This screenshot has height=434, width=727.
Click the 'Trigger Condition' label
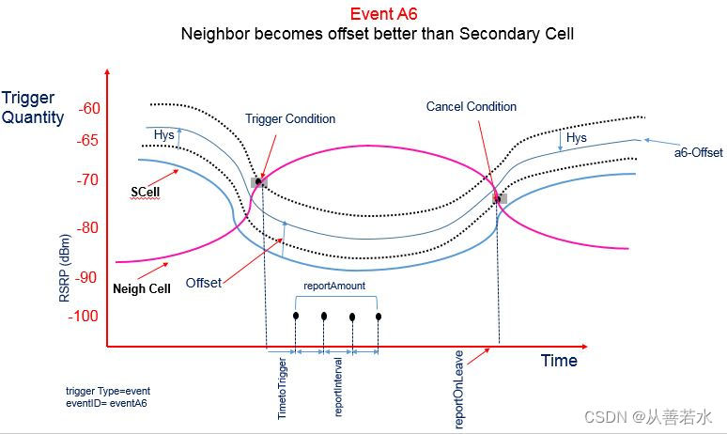[x=290, y=119]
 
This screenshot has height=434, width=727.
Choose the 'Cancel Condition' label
[x=472, y=107]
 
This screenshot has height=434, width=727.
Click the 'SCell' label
[x=145, y=192]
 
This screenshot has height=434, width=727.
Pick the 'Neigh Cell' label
[x=142, y=288]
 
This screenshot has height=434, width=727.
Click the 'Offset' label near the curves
[x=204, y=282]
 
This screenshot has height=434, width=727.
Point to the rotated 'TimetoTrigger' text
[x=282, y=385]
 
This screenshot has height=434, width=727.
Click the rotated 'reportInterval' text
[x=338, y=387]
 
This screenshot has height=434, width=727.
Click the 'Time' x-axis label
[x=559, y=361]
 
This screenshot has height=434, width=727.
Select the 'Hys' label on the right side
[x=577, y=138]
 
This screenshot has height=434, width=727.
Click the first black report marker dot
[x=296, y=316]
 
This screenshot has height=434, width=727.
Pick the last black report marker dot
[x=379, y=316]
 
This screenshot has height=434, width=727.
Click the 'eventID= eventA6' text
[x=107, y=403]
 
